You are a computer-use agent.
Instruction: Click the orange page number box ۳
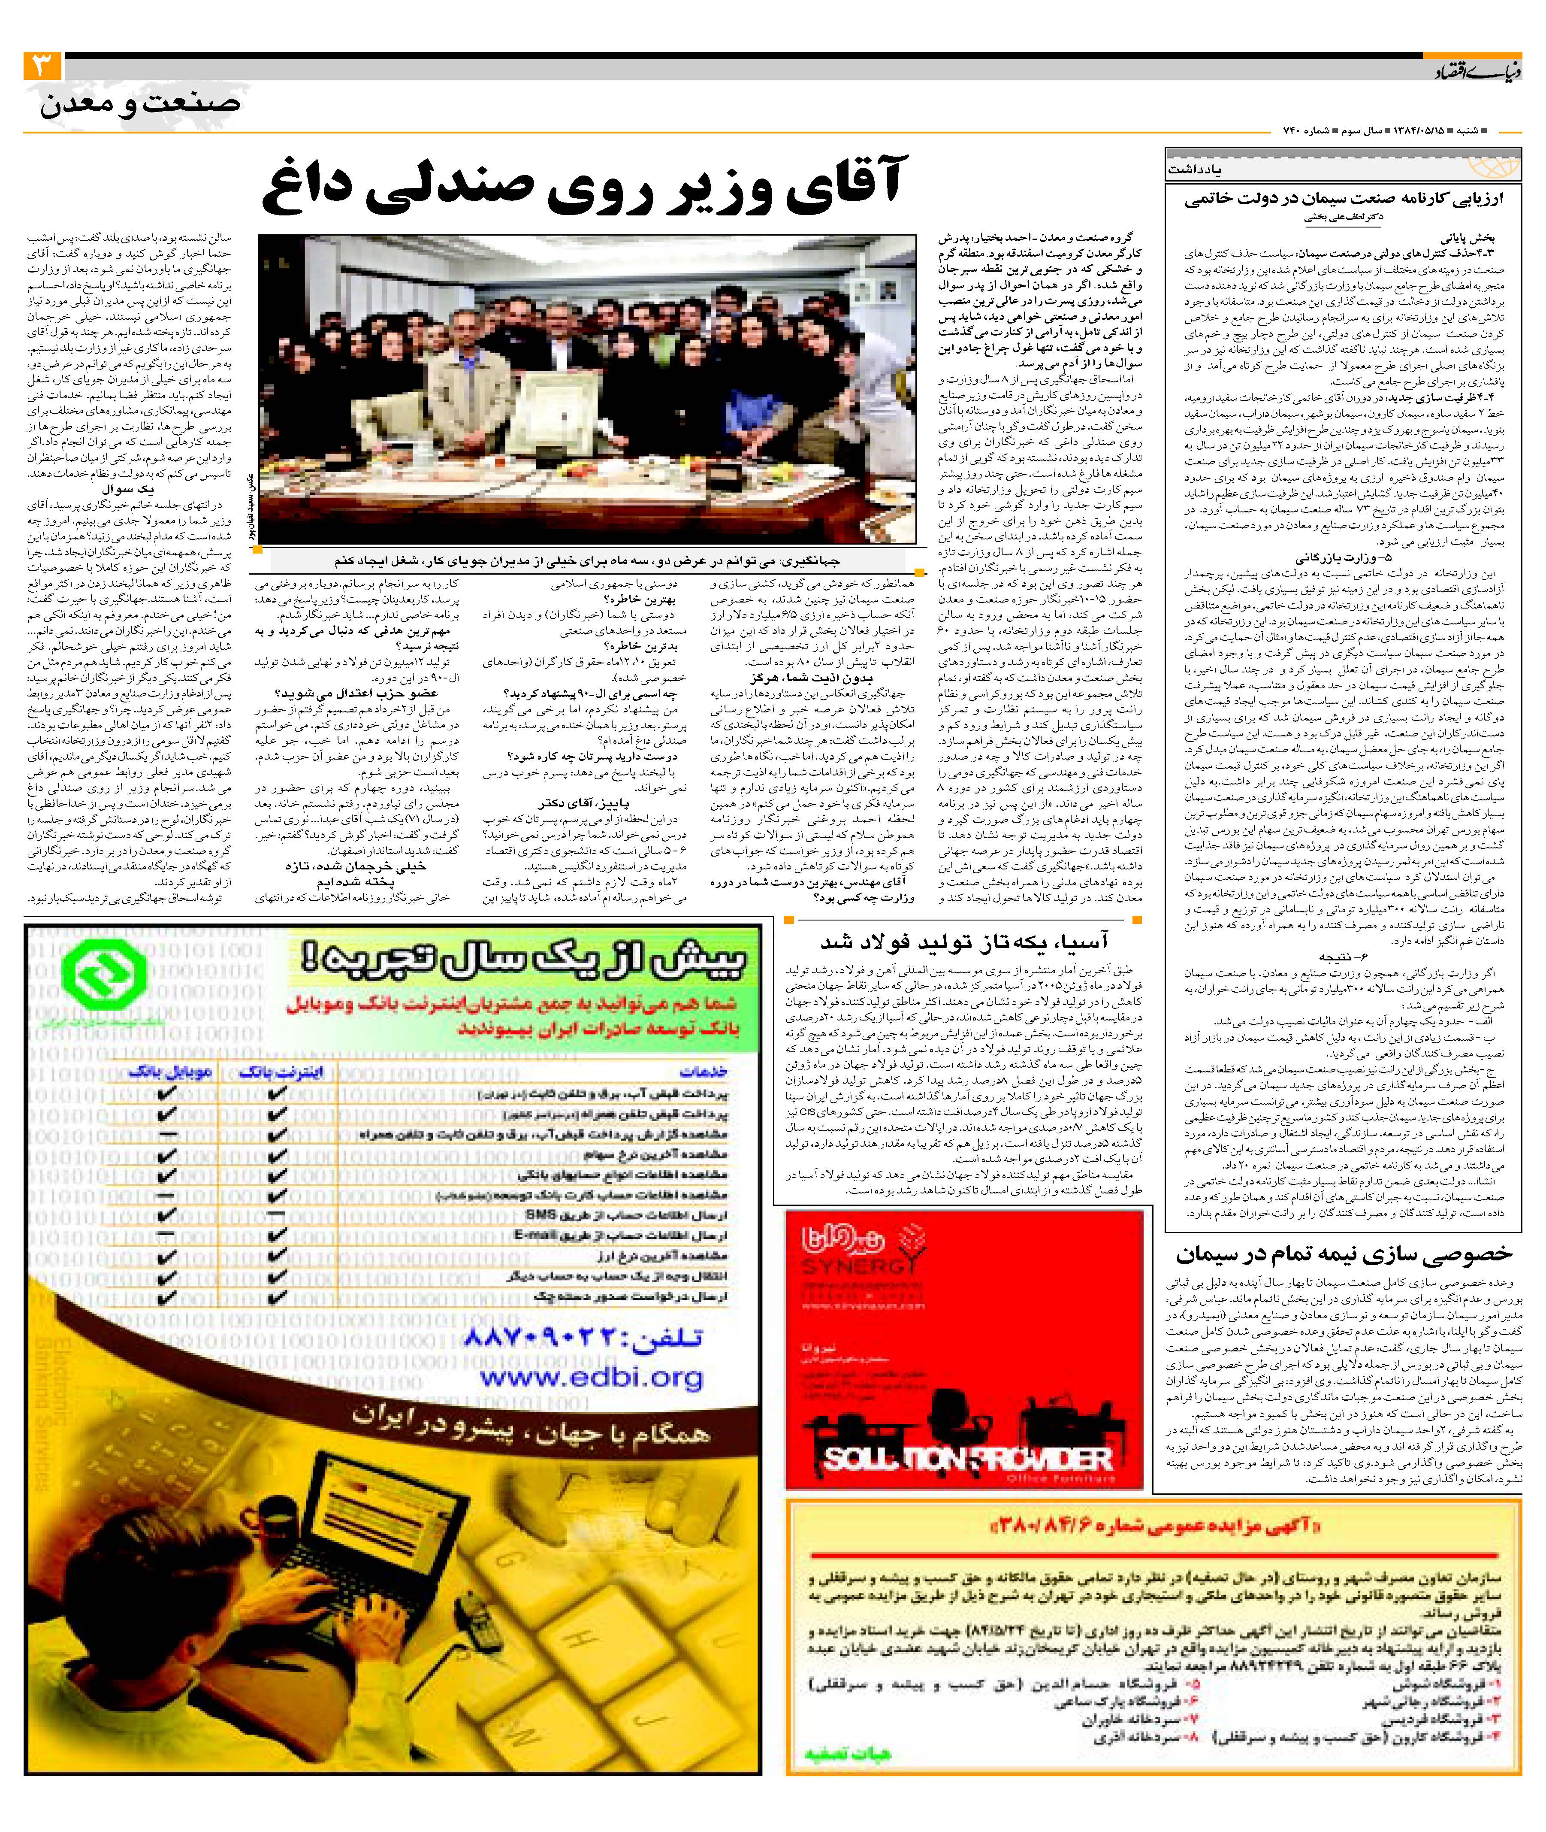tap(41, 66)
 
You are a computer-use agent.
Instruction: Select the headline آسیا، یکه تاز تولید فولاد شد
tap(964, 942)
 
